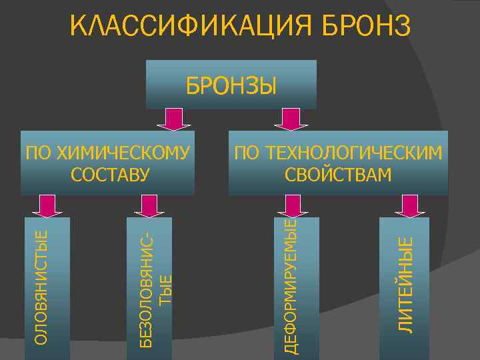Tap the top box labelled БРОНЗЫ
click(231, 85)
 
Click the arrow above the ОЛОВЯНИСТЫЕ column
click(47, 206)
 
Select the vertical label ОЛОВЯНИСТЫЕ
click(41, 287)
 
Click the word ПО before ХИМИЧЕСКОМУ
click(37, 153)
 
